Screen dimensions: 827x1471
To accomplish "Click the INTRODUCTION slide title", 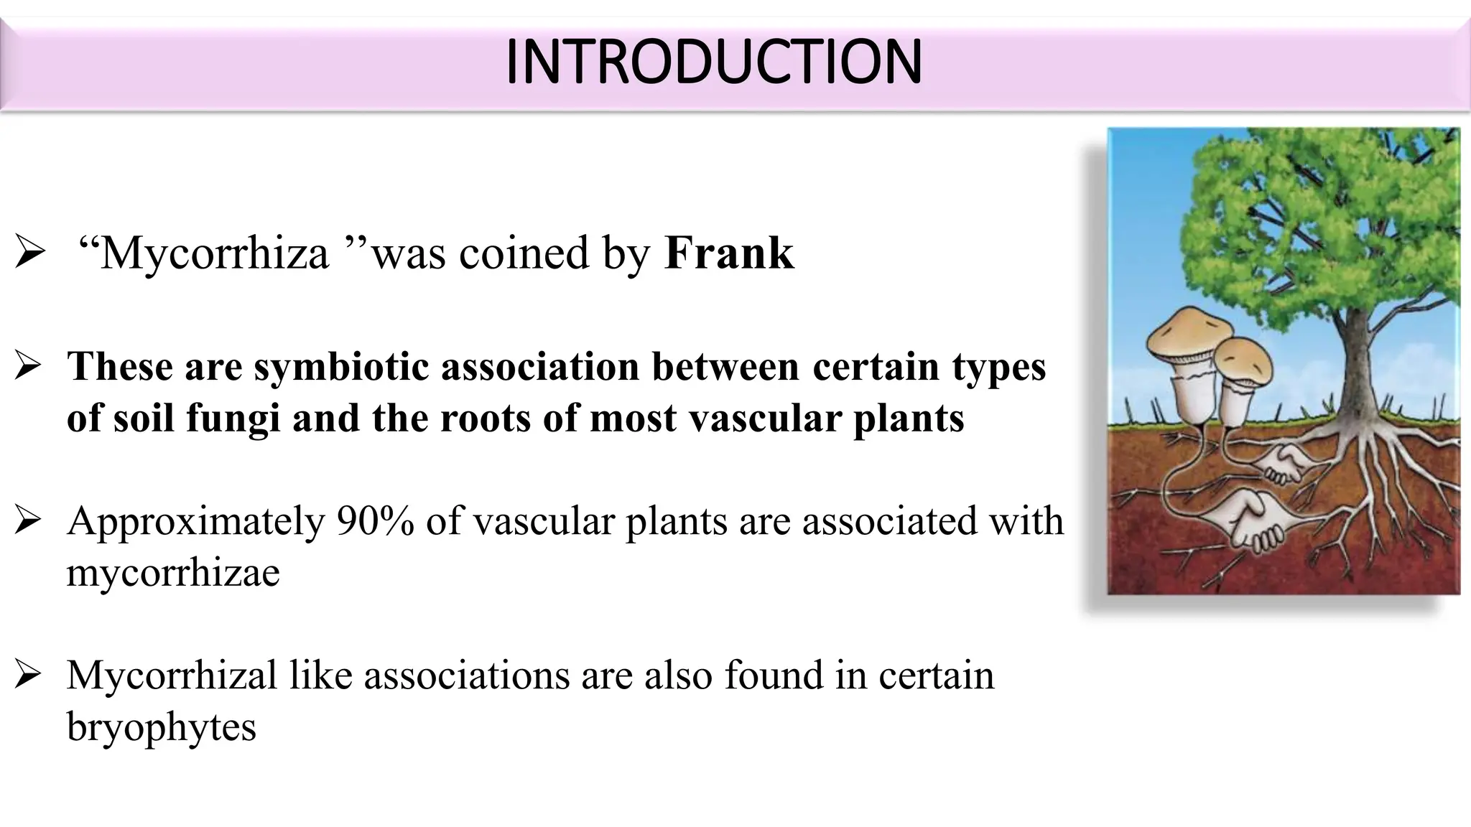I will point(714,62).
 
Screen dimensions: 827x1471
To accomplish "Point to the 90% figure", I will point(375,520).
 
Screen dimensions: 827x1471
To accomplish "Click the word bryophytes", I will point(162,726).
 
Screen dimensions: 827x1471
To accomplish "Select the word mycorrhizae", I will point(173,572).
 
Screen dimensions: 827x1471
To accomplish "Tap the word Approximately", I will point(196,522).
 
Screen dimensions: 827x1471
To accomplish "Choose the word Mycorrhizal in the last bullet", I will point(172,675).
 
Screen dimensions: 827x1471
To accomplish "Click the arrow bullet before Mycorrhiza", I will point(30,254).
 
